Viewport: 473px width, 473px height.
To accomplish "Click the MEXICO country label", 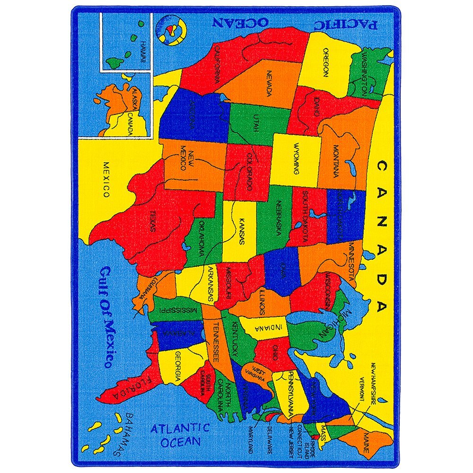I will [x=106, y=180].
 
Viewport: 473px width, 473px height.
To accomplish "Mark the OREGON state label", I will [x=325, y=62].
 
